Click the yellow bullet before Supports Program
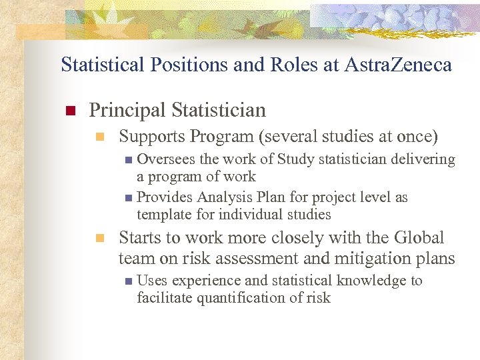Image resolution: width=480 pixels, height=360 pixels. point(100,137)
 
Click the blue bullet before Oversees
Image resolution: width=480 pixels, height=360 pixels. point(129,160)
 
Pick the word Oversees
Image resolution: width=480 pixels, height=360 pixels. point(166,159)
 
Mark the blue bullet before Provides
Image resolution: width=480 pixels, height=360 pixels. point(129,198)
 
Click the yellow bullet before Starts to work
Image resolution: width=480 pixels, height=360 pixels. point(100,239)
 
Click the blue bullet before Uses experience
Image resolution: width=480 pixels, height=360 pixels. point(129,281)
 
